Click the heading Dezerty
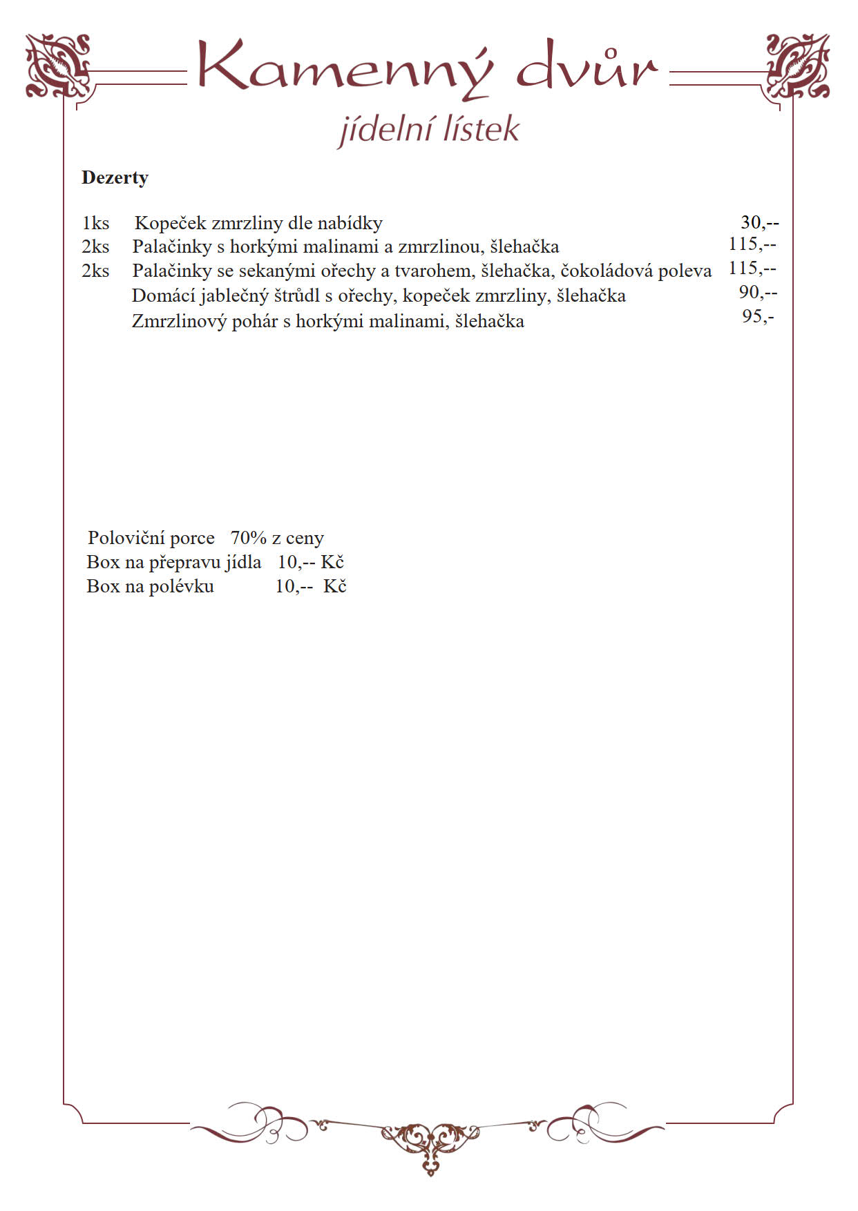click(115, 178)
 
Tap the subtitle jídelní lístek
click(428, 130)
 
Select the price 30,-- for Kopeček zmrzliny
click(759, 222)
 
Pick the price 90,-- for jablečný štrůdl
click(758, 292)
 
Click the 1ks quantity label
click(95, 223)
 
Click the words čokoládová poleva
click(636, 271)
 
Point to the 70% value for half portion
click(248, 538)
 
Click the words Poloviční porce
click(151, 538)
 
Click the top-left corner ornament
click(58, 66)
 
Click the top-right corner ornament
click(798, 66)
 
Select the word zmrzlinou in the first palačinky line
click(439, 246)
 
